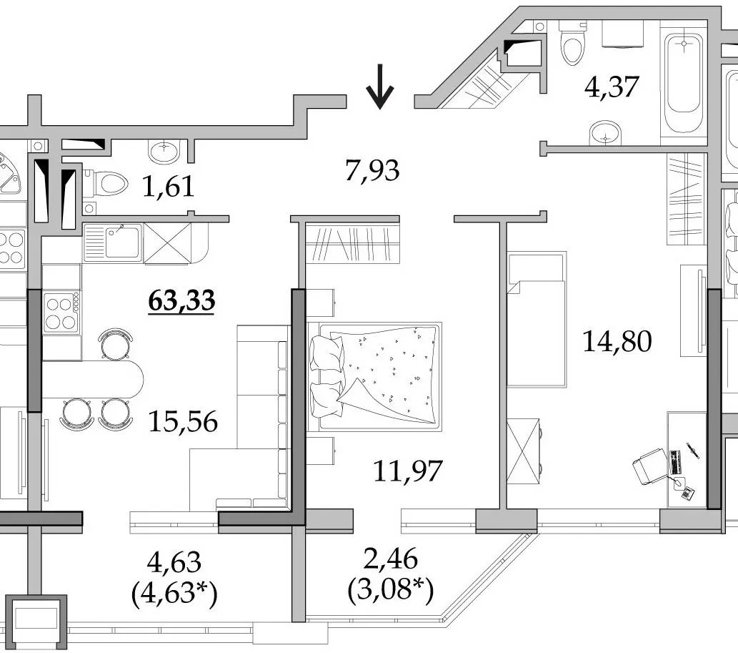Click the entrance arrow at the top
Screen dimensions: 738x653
[379, 87]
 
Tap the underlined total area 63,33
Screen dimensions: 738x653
[181, 300]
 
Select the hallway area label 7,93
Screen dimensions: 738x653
[372, 170]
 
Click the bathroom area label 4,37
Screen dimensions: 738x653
[612, 87]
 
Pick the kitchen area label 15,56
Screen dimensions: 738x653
[183, 421]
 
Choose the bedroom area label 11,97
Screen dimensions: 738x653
[408, 471]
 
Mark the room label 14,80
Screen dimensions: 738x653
[617, 341]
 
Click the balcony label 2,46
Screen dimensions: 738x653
[391, 559]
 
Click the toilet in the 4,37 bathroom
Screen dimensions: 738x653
[573, 42]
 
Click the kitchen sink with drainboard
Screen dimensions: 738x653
[113, 242]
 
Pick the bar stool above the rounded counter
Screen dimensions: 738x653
[115, 345]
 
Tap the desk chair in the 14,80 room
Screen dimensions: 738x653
[649, 466]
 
